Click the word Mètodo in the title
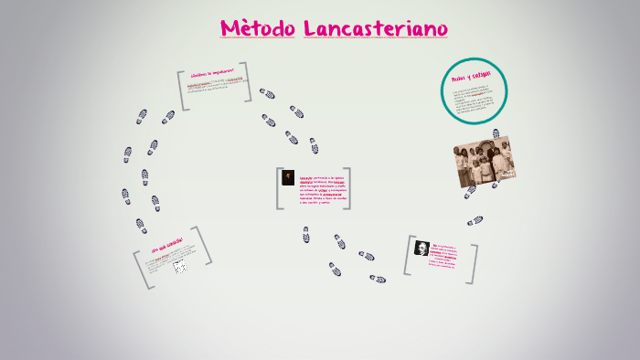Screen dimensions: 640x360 257,29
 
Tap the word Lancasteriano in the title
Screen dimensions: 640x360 376,29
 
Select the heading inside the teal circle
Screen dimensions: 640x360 472,75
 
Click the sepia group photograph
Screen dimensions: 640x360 484,163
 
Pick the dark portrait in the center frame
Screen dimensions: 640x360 288,178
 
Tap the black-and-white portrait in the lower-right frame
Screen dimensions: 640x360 421,249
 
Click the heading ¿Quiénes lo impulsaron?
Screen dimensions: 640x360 212,71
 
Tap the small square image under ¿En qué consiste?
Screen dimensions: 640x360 180,266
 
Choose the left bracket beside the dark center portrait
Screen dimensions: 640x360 278,188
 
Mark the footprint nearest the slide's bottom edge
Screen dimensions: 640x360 378,279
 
